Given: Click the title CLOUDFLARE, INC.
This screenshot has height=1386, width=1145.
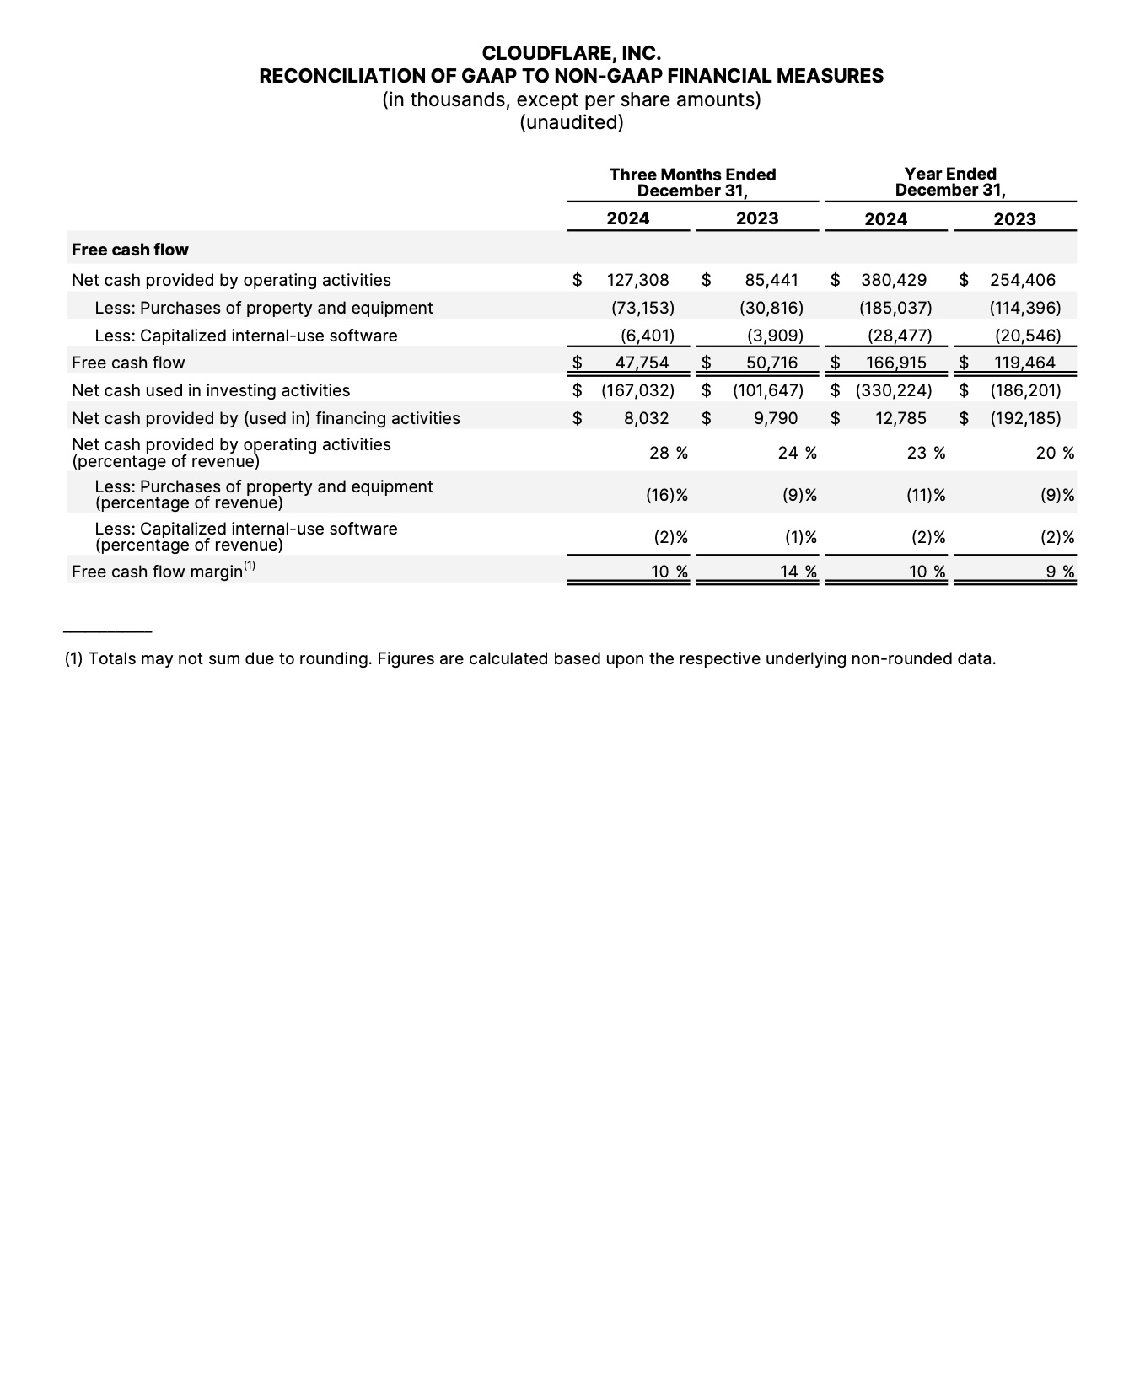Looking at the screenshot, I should point(571,54).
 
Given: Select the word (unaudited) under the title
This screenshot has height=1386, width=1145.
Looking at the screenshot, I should point(571,123).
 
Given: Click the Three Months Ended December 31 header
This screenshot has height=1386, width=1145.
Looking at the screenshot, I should point(692,182).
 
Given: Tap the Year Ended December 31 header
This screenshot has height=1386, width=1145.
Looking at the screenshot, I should point(949,182).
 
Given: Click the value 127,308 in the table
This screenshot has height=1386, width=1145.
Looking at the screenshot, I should point(637,280).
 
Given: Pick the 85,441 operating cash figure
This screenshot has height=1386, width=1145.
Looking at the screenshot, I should point(771,280).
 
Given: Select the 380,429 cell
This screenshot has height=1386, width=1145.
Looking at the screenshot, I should point(894,280).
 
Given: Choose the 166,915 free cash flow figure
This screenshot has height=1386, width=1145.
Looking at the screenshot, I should point(895,363).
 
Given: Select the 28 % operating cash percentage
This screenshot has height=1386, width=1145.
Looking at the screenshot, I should point(668,453).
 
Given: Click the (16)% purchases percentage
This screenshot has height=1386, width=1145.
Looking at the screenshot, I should point(666,495).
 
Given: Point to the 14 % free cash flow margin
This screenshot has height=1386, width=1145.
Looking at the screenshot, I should point(798,572).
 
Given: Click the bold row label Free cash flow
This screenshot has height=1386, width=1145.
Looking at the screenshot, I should point(130,250).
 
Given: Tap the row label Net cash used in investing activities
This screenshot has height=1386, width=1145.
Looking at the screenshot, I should point(211,390).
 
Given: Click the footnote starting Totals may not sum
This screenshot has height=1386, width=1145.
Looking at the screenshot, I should point(529,658).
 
